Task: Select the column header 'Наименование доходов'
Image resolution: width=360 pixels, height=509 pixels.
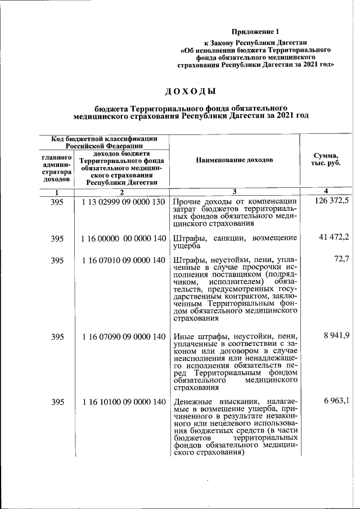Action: [234, 160]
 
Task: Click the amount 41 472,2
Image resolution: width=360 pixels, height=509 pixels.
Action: [334, 238]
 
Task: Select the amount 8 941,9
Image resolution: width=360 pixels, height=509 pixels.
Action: [336, 336]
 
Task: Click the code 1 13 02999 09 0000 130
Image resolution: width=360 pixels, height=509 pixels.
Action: [122, 201]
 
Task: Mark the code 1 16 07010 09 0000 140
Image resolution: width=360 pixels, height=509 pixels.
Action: [123, 260]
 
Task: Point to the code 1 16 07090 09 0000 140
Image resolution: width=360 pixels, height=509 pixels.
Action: [123, 336]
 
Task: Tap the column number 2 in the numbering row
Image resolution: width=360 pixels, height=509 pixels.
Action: [121, 192]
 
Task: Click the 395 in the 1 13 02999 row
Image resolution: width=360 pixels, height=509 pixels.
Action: [57, 201]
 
